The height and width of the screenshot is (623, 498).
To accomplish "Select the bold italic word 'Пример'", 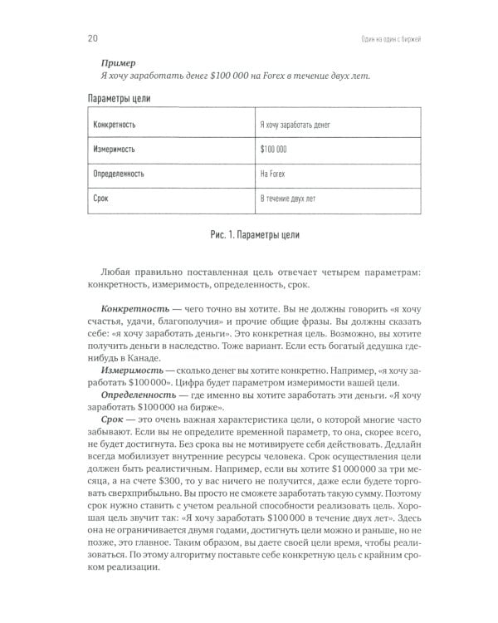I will click(x=119, y=62).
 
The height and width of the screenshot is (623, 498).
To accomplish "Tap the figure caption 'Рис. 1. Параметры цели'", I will click(x=248, y=235).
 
